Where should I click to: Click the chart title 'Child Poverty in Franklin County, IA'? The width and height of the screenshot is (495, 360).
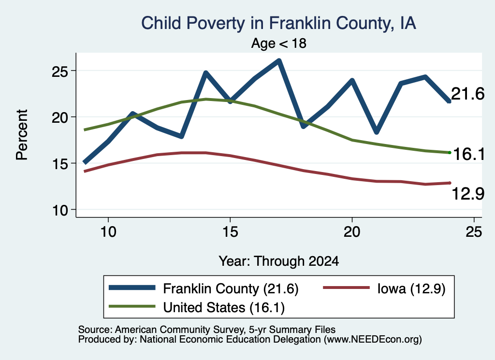pos(278,24)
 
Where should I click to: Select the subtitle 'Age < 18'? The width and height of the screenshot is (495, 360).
pos(279,43)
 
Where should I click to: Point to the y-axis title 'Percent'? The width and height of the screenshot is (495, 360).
pos(22,135)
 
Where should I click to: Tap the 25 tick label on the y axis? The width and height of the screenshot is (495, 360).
pos(60,72)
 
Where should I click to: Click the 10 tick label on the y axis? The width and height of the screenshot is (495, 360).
pos(60,211)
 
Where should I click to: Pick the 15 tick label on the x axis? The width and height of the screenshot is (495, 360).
pos(230,232)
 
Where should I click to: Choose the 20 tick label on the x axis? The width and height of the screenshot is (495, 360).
pos(352,232)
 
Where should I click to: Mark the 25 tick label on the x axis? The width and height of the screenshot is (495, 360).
pos(474,232)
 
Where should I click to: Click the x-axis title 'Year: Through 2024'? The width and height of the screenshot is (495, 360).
pos(279,261)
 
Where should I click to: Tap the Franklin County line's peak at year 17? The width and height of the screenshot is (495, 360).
pos(279,60)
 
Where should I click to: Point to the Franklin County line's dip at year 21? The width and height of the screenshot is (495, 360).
pos(376,132)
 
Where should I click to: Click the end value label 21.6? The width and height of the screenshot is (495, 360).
pos(467,94)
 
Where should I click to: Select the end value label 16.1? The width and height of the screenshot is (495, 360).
pos(468,154)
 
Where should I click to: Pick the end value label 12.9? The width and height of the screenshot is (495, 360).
pos(467,193)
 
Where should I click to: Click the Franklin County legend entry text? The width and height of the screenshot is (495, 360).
pos(231,288)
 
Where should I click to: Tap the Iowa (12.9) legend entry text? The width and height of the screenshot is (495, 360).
pos(411,288)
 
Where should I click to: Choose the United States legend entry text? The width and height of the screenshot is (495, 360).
pos(224,308)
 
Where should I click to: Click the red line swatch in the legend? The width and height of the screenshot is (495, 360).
pos(346,288)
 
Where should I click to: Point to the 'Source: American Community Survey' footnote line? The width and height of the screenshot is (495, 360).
pos(207,330)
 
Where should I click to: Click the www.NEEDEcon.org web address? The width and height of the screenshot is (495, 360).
pos(373,340)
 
